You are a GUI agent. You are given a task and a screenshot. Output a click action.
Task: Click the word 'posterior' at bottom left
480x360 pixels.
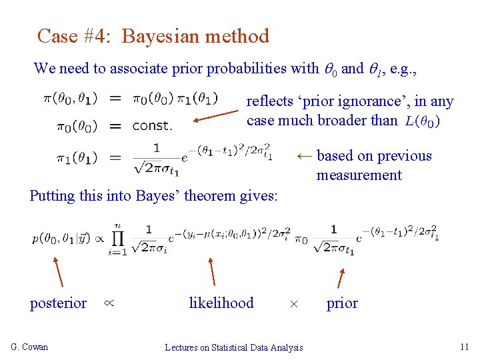[x=58, y=303]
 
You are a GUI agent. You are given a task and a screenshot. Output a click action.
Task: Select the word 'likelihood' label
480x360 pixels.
[x=221, y=303]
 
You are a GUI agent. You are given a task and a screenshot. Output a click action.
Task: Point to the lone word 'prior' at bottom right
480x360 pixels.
[x=342, y=303]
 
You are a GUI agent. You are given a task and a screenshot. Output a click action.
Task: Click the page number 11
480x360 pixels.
[x=465, y=347]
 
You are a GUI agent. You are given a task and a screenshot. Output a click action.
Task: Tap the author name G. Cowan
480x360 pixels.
[x=29, y=347]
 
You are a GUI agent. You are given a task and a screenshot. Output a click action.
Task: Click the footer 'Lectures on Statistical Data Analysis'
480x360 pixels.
[x=233, y=347]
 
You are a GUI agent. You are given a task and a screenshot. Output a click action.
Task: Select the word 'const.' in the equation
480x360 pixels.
[x=152, y=125]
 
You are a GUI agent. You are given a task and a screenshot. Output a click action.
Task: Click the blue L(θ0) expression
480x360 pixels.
[x=422, y=121]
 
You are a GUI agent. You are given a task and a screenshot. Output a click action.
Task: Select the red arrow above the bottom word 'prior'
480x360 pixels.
[x=339, y=278]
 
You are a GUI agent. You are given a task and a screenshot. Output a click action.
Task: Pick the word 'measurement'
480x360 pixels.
[x=359, y=175]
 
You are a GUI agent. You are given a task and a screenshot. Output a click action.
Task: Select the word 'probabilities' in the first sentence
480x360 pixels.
[x=247, y=68]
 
